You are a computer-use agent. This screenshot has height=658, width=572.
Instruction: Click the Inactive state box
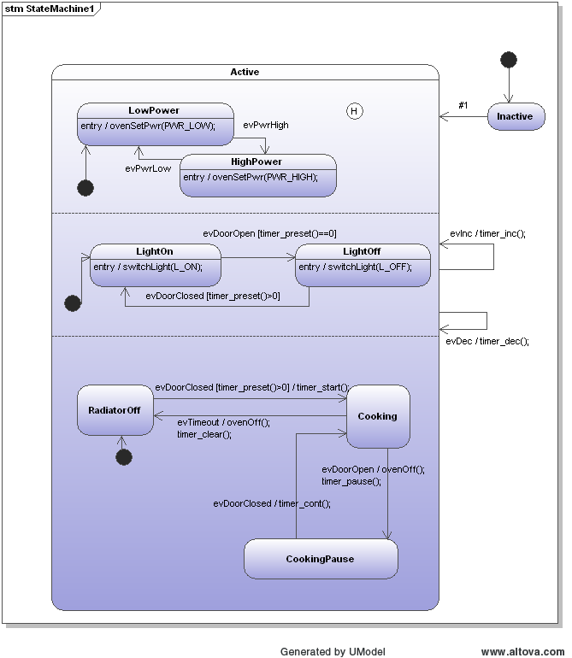[x=516, y=116]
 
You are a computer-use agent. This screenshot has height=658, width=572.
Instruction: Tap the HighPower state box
[x=257, y=175]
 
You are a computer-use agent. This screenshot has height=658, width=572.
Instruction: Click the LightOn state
[x=155, y=265]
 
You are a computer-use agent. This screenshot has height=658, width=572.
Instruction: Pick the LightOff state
[x=362, y=265]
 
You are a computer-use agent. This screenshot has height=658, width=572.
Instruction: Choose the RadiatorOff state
[x=115, y=410]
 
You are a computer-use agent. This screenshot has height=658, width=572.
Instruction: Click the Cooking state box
[x=377, y=416]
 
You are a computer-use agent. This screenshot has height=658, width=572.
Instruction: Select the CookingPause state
[x=320, y=559]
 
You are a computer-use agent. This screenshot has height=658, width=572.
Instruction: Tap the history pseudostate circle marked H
[x=354, y=111]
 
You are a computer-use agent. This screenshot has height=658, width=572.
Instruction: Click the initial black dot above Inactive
[x=509, y=60]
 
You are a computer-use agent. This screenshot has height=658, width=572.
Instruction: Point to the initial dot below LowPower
[x=86, y=188]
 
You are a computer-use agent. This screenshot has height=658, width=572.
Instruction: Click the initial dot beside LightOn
[x=73, y=303]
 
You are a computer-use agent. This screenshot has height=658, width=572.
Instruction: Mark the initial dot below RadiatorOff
[x=124, y=457]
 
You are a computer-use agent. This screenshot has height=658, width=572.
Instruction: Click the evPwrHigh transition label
[x=266, y=125]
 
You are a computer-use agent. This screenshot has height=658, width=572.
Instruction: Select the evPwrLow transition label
[x=148, y=168]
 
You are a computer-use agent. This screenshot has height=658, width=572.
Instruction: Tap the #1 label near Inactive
[x=463, y=105]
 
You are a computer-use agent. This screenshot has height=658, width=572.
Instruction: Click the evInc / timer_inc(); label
[x=487, y=233]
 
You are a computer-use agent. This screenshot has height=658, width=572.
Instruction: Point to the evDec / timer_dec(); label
[x=487, y=341]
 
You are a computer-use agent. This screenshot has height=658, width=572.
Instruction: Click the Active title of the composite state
[x=245, y=72]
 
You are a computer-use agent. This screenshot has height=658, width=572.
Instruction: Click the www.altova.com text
[x=522, y=651]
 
